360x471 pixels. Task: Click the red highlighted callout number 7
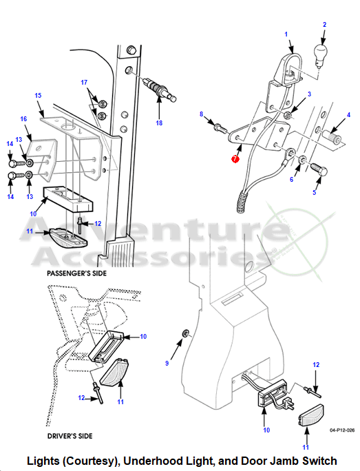(x=235, y=159)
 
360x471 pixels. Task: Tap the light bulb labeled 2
(x=321, y=54)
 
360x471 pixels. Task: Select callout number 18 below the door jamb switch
(x=159, y=123)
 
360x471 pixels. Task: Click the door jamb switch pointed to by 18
(x=160, y=90)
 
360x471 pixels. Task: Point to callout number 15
(x=38, y=96)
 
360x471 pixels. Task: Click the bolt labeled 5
(x=319, y=169)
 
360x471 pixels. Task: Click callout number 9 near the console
(x=167, y=363)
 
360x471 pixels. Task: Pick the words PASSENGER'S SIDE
(x=77, y=273)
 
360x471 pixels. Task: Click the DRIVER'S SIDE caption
(x=70, y=436)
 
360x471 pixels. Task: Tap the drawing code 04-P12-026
(x=342, y=430)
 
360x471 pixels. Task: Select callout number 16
(x=23, y=119)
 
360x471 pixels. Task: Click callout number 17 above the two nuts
(x=84, y=83)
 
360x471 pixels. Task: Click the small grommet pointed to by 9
(x=186, y=333)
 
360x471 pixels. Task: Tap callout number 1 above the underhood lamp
(x=286, y=34)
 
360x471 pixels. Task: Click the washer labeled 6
(x=302, y=159)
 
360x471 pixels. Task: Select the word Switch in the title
(x=319, y=461)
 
